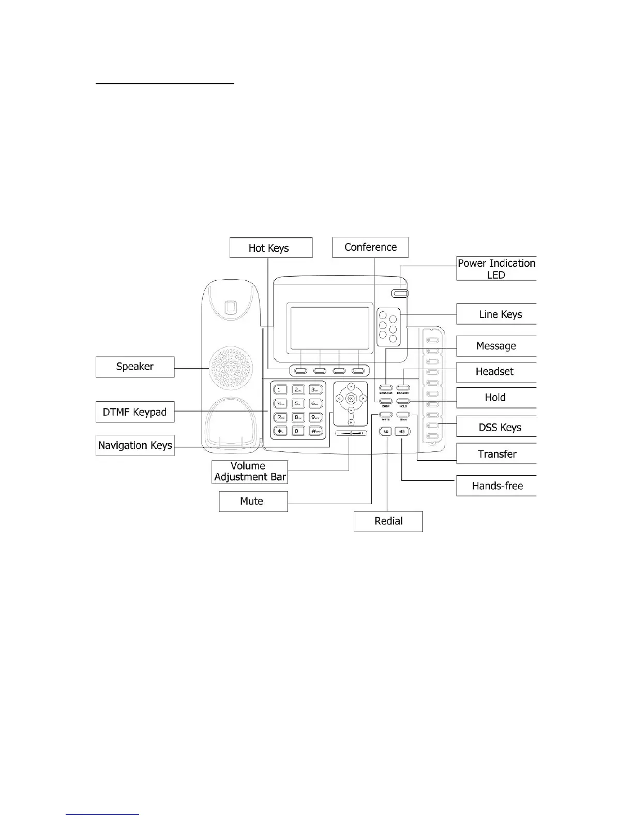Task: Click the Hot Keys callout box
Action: click(x=271, y=248)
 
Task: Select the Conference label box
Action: click(x=370, y=247)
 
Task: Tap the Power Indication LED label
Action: click(x=496, y=268)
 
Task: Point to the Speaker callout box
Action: click(x=135, y=367)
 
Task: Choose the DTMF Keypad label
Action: click(x=135, y=412)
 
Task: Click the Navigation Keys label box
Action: click(x=135, y=445)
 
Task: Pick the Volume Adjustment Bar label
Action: click(x=250, y=472)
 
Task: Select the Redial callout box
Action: click(x=388, y=521)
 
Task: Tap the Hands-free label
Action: click(x=496, y=486)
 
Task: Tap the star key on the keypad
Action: click(x=280, y=431)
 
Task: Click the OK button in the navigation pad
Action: click(x=351, y=398)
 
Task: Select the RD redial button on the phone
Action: click(x=386, y=431)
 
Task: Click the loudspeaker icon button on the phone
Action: click(x=403, y=431)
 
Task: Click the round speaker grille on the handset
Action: click(x=231, y=368)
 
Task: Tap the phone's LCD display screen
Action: click(x=330, y=328)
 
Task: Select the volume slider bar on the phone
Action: click(x=351, y=433)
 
